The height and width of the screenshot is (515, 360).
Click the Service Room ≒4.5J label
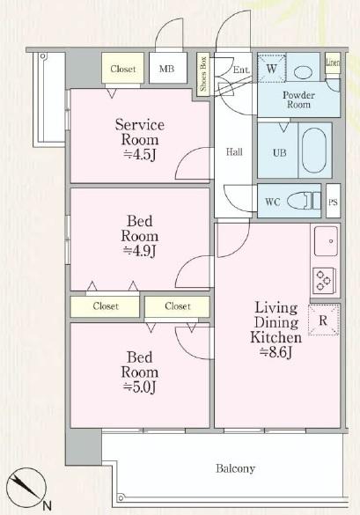click(x=139, y=140)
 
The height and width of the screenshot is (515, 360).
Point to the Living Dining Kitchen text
click(x=276, y=330)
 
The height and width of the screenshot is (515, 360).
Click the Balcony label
click(x=233, y=468)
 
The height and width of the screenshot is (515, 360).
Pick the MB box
click(x=165, y=68)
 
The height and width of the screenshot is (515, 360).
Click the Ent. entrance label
click(x=241, y=70)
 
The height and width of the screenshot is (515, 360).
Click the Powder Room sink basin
click(x=305, y=70)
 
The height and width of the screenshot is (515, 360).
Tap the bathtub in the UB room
click(x=314, y=151)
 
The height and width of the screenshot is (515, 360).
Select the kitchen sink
click(x=324, y=239)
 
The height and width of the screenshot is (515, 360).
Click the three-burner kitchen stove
click(x=323, y=281)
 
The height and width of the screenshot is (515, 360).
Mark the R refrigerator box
click(x=322, y=320)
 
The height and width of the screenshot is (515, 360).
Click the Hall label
click(x=235, y=152)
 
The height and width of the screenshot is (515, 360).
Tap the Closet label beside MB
click(x=123, y=68)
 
